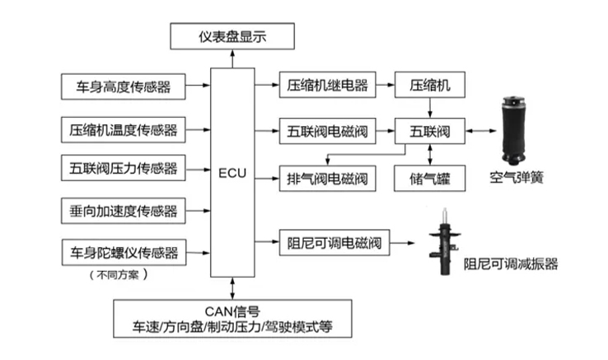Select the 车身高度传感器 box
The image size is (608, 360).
click(x=123, y=85)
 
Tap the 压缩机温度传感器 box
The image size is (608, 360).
click(x=123, y=129)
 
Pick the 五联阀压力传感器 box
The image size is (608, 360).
click(x=123, y=169)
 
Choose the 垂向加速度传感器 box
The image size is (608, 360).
click(x=123, y=211)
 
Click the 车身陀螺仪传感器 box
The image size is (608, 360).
click(x=123, y=251)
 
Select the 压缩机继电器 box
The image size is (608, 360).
click(x=327, y=85)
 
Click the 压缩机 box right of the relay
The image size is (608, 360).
click(x=430, y=85)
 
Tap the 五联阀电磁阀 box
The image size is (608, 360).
click(x=327, y=129)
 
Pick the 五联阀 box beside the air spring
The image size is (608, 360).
click(x=430, y=129)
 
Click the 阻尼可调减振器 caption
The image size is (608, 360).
click(x=511, y=264)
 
